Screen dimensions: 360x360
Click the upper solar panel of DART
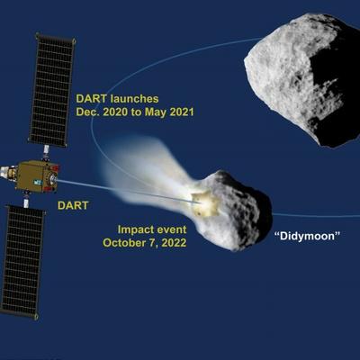point(51,90)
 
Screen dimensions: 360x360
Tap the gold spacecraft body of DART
point(37,175)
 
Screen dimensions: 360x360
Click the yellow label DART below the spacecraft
point(73,205)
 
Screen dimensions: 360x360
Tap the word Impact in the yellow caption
point(134,230)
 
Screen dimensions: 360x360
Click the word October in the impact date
point(122,242)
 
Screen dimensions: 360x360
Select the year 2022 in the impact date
point(174,242)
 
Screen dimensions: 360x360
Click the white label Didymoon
point(308,237)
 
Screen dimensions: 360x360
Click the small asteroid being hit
point(232,210)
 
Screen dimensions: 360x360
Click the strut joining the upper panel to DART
point(46,154)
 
